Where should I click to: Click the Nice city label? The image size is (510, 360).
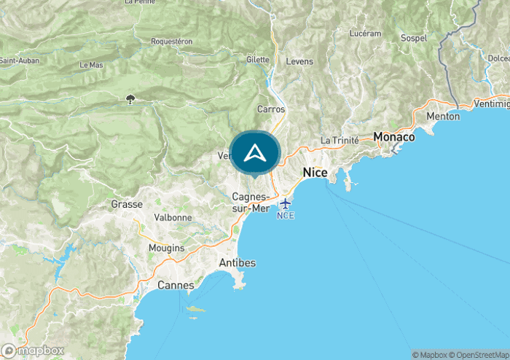(x=315, y=173)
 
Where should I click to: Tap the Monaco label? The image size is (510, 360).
(x=393, y=136)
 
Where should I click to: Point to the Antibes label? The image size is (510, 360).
(x=237, y=262)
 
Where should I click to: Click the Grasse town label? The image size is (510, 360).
(x=126, y=204)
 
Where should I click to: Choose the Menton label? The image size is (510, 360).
(x=443, y=116)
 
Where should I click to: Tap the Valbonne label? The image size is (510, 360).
(x=173, y=217)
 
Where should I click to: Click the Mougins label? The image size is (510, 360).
(x=166, y=248)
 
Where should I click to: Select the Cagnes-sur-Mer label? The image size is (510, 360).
(x=251, y=203)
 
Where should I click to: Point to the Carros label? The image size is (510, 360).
(x=271, y=109)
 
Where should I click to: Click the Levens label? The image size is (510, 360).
(x=299, y=61)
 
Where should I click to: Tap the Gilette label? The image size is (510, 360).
(x=257, y=59)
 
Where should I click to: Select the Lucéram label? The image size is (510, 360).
(x=365, y=34)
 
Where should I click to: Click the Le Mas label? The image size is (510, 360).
(x=91, y=65)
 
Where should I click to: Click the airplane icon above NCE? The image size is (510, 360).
(x=285, y=203)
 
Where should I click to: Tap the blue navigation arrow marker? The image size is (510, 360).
(x=254, y=153)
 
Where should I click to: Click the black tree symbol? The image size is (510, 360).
(x=130, y=98)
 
